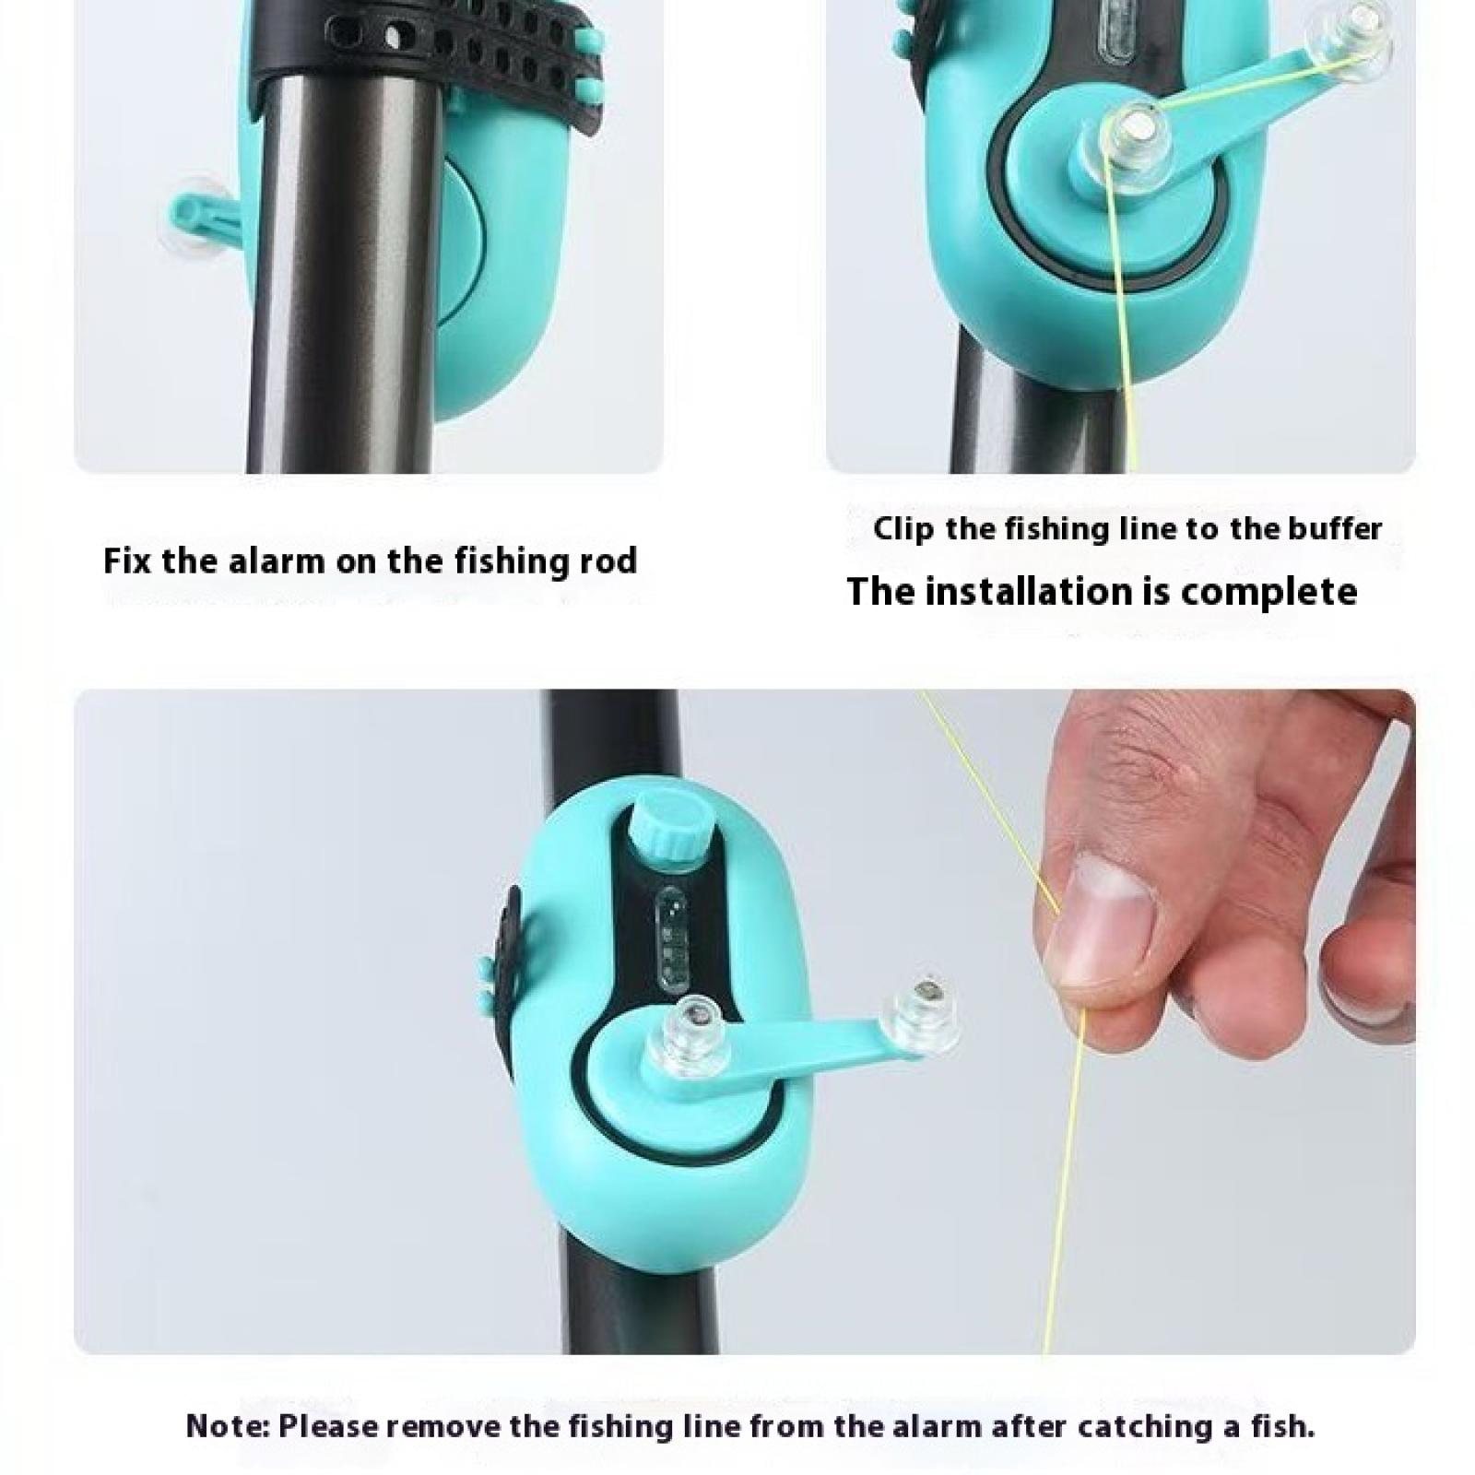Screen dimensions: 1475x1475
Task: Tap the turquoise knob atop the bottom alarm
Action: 665,829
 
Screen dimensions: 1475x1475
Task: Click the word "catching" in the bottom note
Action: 1141,1427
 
